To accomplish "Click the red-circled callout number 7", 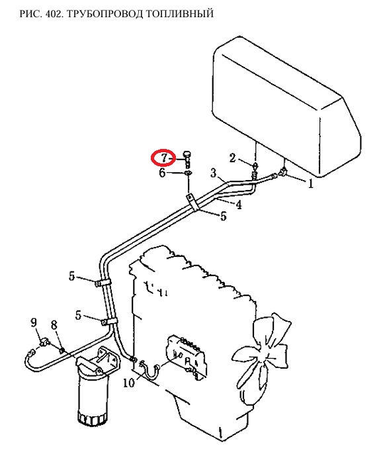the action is point(165,158).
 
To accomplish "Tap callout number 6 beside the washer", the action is point(162,173).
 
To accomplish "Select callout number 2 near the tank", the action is point(232,158).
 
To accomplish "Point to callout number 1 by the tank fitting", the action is point(311,184).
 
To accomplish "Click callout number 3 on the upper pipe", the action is point(214,173).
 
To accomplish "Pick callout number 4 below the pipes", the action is point(239,205).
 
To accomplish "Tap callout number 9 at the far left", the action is point(34,322).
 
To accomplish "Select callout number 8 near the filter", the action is point(54,325).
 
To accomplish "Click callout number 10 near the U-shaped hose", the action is point(129,383).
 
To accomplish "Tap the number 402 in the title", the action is point(54,14).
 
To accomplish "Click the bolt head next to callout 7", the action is point(187,154).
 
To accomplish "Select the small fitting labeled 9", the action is point(45,341).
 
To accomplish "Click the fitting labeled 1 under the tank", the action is point(282,172).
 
